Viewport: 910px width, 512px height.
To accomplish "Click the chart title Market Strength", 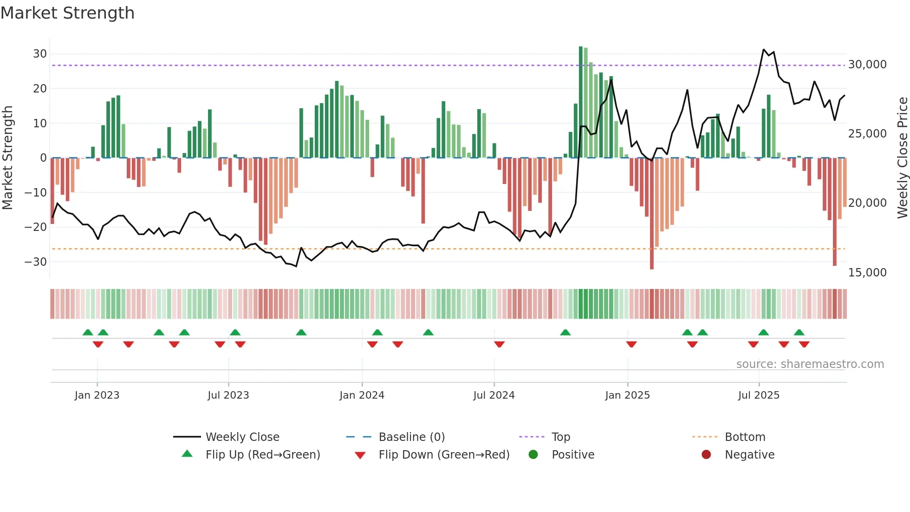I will [68, 13].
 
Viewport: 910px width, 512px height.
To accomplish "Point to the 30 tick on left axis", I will [40, 54].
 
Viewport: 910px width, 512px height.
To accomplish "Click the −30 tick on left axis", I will [36, 262].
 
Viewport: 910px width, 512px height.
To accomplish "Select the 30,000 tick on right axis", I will [867, 65].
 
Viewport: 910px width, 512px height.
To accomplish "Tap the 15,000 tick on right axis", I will [867, 273].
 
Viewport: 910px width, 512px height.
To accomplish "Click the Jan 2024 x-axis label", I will [362, 395].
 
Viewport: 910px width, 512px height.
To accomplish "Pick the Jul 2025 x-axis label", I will [759, 395].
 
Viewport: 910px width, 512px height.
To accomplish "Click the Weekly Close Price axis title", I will [902, 158].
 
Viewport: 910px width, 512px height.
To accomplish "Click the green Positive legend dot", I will [533, 455].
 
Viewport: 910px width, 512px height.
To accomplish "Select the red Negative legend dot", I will [706, 455].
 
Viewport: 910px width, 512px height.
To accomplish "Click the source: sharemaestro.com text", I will [810, 364].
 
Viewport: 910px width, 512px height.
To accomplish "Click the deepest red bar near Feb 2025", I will [652, 214].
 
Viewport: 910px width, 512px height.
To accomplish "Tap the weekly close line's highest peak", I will [764, 49].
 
